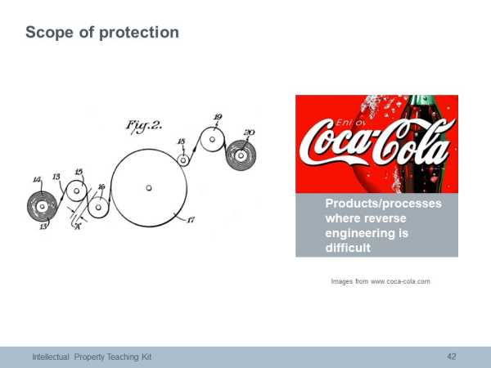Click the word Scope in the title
pyautogui.click(x=49, y=32)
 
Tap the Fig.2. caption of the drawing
pyautogui.click(x=144, y=126)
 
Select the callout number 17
pyautogui.click(x=191, y=220)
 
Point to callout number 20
pyautogui.click(x=249, y=132)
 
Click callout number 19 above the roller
pyautogui.click(x=218, y=117)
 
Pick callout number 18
pyautogui.click(x=182, y=141)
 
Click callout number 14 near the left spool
pyautogui.click(x=37, y=180)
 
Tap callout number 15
pyautogui.click(x=79, y=172)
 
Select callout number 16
pyautogui.click(x=101, y=186)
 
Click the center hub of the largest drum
pyautogui.click(x=149, y=188)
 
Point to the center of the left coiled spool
pyautogui.click(x=42, y=207)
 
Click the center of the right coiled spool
pyautogui.click(x=241, y=155)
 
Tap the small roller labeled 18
pyautogui.click(x=183, y=160)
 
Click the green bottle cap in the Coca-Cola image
pyautogui.click(x=423, y=101)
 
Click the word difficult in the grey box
pyautogui.click(x=348, y=248)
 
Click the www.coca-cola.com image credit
pyautogui.click(x=400, y=281)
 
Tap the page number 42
pyautogui.click(x=451, y=357)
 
